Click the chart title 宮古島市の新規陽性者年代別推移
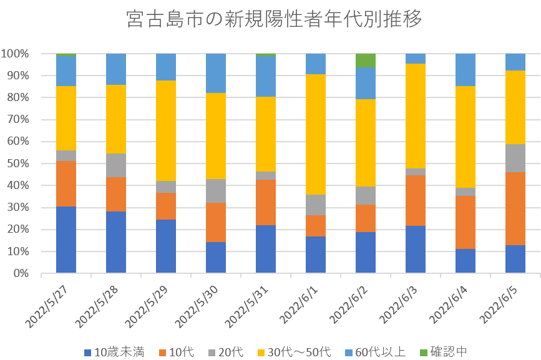274,19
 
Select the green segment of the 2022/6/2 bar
366,61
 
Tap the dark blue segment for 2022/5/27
66,240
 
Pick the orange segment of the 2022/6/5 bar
515,208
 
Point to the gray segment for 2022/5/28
116,165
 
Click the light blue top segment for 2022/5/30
216,73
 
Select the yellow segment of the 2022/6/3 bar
416,116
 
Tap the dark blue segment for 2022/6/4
465,261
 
